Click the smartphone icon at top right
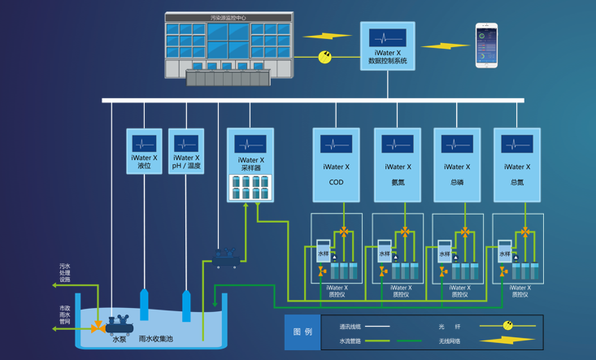pyautogui.click(x=486, y=45)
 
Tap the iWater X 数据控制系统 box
pyautogui.click(x=388, y=46)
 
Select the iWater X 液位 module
pyautogui.click(x=144, y=151)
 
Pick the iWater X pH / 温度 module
pyautogui.click(x=186, y=151)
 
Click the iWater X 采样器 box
pyautogui.click(x=250, y=165)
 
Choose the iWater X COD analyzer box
pyautogui.click(x=336, y=164)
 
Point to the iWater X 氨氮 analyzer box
pyautogui.click(x=397, y=164)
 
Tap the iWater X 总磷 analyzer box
pyautogui.click(x=457, y=164)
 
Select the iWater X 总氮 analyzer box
pyautogui.click(x=517, y=164)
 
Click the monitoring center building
pyautogui.click(x=228, y=47)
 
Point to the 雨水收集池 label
pyautogui.click(x=155, y=339)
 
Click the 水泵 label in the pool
pyautogui.click(x=120, y=339)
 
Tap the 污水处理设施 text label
pyautogui.click(x=64, y=272)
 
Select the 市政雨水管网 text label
pyautogui.click(x=64, y=314)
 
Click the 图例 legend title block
pyautogui.click(x=302, y=332)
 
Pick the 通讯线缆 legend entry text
pyautogui.click(x=350, y=327)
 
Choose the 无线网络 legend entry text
pyautogui.click(x=450, y=341)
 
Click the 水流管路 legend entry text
pyautogui.click(x=350, y=341)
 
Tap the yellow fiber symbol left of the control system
pyautogui.click(x=325, y=57)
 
